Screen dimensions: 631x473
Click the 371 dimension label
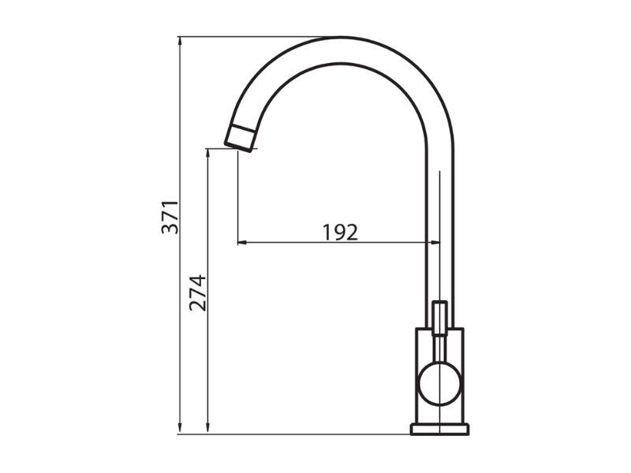[170, 217]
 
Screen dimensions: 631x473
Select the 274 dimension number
[198, 292]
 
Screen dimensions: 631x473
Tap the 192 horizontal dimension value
[340, 232]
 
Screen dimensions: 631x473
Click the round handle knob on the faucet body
[440, 383]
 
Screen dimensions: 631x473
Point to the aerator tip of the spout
[241, 139]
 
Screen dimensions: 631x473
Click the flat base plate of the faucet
[440, 429]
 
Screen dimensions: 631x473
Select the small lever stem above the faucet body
[440, 318]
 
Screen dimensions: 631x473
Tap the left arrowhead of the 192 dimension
[242, 243]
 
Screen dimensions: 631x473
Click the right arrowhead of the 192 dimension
[435, 243]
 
